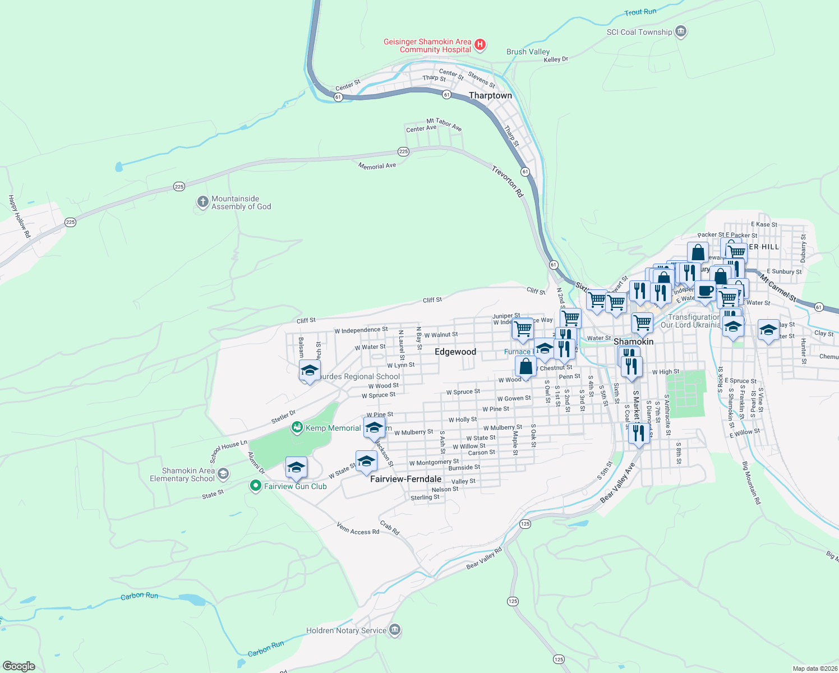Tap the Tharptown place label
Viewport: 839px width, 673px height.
pyautogui.click(x=490, y=96)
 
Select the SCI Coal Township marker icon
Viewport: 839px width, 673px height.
pyautogui.click(x=681, y=31)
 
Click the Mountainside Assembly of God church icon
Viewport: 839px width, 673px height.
pyautogui.click(x=203, y=202)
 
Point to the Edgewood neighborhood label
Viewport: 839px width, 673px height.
pyautogui.click(x=455, y=352)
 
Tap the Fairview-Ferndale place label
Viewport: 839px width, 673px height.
pyautogui.click(x=406, y=480)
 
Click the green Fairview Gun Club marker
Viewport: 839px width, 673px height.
pyautogui.click(x=256, y=486)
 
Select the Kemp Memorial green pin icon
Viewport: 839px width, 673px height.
pyautogui.click(x=297, y=428)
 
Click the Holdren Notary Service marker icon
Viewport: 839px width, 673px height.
pyautogui.click(x=395, y=630)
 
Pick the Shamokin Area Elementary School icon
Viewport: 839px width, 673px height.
pyautogui.click(x=223, y=474)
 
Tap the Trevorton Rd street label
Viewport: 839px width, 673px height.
pyautogui.click(x=508, y=181)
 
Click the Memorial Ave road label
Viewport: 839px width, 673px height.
pyautogui.click(x=377, y=166)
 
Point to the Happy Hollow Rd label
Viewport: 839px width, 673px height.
pyautogui.click(x=19, y=216)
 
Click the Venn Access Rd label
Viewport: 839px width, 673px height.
pyautogui.click(x=358, y=528)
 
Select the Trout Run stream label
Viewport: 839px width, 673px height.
pyautogui.click(x=640, y=12)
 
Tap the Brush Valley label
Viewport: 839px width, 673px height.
pyautogui.click(x=528, y=52)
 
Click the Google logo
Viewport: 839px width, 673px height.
pyautogui.click(x=19, y=666)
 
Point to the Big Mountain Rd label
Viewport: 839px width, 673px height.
pyautogui.click(x=751, y=483)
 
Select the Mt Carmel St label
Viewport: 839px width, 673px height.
pyautogui.click(x=778, y=287)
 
